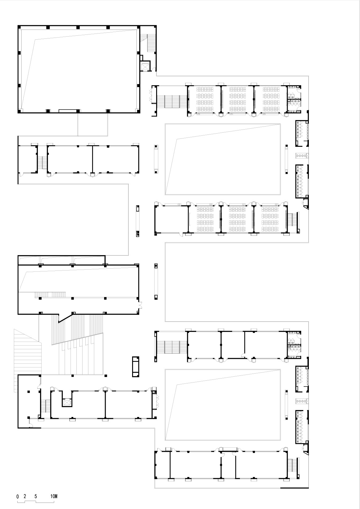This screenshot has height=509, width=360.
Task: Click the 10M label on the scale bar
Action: [54, 496]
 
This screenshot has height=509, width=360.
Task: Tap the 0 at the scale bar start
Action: [18, 496]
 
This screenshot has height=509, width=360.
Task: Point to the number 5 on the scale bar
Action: [36, 496]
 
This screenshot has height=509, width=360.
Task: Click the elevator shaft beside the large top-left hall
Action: [145, 66]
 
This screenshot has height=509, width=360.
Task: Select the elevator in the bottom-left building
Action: [66, 402]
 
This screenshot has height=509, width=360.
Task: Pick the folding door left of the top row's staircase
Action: [151, 96]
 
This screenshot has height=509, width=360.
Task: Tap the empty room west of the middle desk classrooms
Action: [171, 219]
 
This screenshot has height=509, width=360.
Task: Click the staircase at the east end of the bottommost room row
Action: [292, 465]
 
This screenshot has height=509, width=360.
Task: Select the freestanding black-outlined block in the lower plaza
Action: [136, 367]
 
